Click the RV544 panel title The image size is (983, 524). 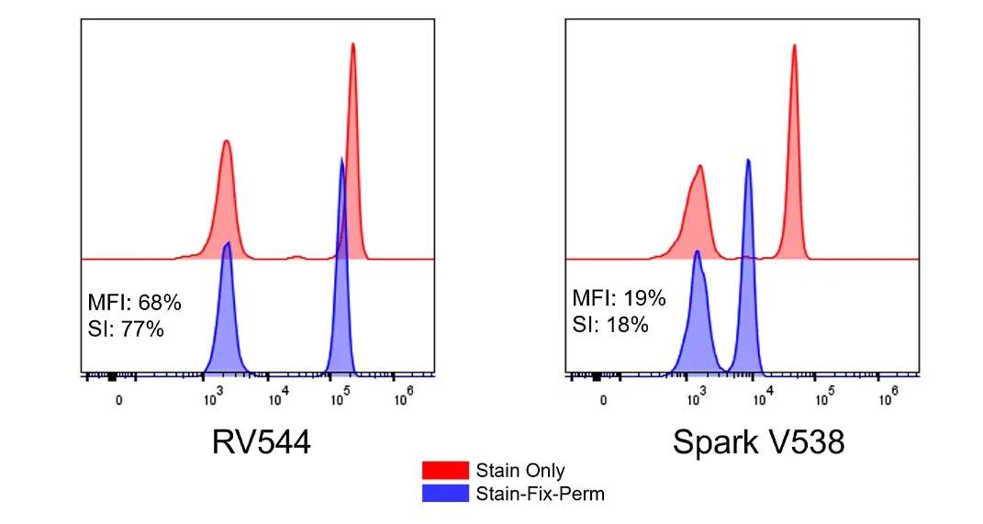point(261,443)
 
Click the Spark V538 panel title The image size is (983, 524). point(758,443)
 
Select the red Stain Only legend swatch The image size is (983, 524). point(445,471)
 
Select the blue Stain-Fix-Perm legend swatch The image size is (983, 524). point(445,494)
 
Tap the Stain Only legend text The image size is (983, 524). point(519,471)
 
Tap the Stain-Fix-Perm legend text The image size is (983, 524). point(540,494)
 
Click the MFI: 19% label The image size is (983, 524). point(619,299)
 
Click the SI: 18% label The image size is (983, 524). point(610,323)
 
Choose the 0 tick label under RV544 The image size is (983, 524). point(118,399)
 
